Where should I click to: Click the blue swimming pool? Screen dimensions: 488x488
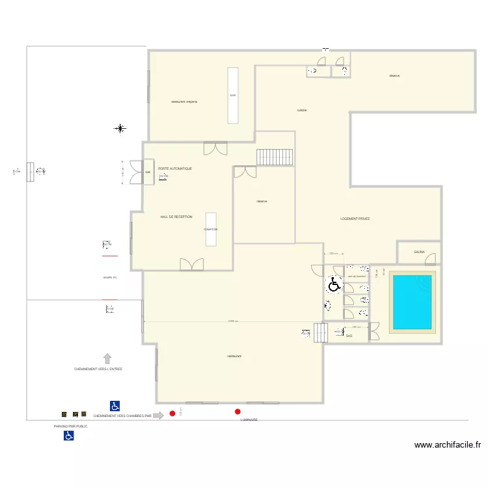click(411, 302)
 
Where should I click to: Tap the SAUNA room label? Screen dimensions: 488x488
click(419, 252)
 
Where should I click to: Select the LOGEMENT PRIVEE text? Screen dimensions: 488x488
click(355, 219)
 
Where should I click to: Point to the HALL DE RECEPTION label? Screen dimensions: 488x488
click(176, 217)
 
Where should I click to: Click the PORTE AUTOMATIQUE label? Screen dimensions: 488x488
click(175, 169)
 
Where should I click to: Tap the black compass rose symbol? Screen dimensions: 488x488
click(120, 129)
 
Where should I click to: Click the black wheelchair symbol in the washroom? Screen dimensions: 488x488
click(334, 284)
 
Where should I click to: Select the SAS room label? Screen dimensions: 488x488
click(349, 336)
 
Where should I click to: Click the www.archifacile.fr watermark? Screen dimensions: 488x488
click(448, 446)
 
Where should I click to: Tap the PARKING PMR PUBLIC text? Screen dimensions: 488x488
click(70, 426)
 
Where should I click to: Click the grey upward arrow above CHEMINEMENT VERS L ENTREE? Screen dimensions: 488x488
click(107, 358)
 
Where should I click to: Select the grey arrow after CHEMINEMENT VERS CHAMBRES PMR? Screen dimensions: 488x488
click(157, 415)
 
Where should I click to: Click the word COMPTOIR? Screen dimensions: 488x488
click(211, 229)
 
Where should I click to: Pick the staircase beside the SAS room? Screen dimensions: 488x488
click(319, 333)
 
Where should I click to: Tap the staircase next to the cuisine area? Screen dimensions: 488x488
click(275, 157)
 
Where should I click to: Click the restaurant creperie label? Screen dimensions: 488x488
click(184, 102)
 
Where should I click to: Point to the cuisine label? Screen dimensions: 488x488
click(302, 110)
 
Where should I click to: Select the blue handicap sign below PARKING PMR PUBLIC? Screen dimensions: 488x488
click(68, 436)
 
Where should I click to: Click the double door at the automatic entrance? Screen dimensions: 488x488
click(136, 172)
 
